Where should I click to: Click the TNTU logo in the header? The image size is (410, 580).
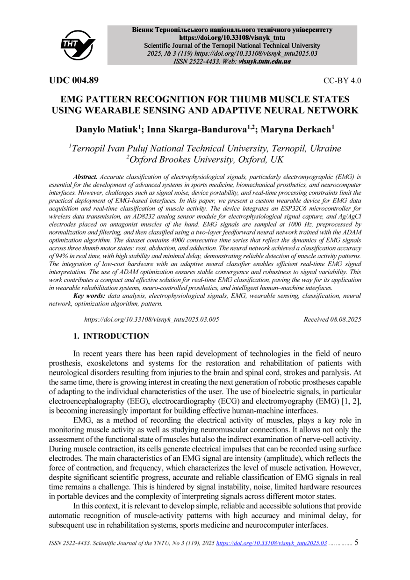coord(78,45)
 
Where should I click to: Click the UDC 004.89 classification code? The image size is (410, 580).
coord(74,80)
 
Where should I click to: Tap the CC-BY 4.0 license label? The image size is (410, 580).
coord(342,80)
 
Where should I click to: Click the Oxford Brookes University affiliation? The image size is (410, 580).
coord(205,159)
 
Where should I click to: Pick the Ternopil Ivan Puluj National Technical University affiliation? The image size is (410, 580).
coord(206,148)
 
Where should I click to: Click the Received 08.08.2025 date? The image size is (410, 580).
coord(332,319)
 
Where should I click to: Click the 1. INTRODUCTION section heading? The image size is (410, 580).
coord(111,336)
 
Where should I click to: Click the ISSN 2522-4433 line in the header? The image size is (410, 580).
coord(232,61)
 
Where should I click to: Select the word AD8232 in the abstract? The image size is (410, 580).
coord(113,210)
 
